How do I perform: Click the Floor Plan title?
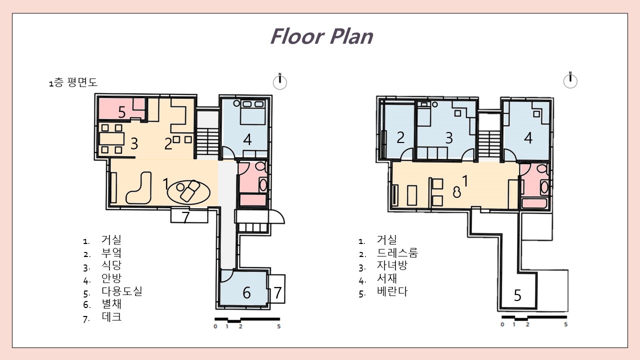tap(321, 36)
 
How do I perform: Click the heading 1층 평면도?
tap(73, 82)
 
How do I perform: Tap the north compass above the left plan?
tap(280, 81)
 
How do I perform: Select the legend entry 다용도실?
tap(122, 291)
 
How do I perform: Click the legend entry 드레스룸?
tap(397, 253)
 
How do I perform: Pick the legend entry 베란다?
tap(392, 291)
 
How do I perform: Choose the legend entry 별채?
tap(111, 303)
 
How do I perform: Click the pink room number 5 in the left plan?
tap(122, 112)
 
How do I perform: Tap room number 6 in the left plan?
tap(246, 293)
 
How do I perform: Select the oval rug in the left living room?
tap(188, 192)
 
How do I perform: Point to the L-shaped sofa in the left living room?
tap(139, 188)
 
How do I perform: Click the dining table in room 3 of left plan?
tap(111, 139)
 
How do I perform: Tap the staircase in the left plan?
tap(207, 142)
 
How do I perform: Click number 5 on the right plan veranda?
tap(517, 295)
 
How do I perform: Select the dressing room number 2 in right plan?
tap(400, 137)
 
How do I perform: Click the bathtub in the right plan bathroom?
tap(534, 203)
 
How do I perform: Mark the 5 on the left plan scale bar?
tap(279, 326)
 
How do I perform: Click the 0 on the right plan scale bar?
tap(502, 324)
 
